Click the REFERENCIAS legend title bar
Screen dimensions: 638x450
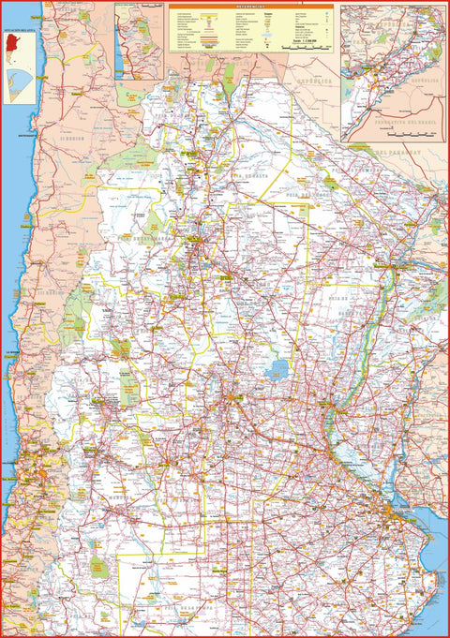pyautogui.click(x=250, y=7)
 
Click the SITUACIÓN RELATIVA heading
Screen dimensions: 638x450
pyautogui.click(x=19, y=32)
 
